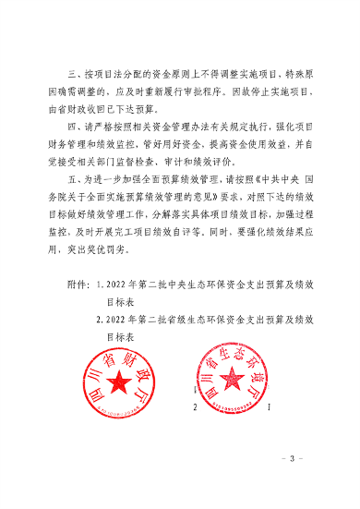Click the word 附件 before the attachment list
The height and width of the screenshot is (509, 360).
(x=78, y=286)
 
